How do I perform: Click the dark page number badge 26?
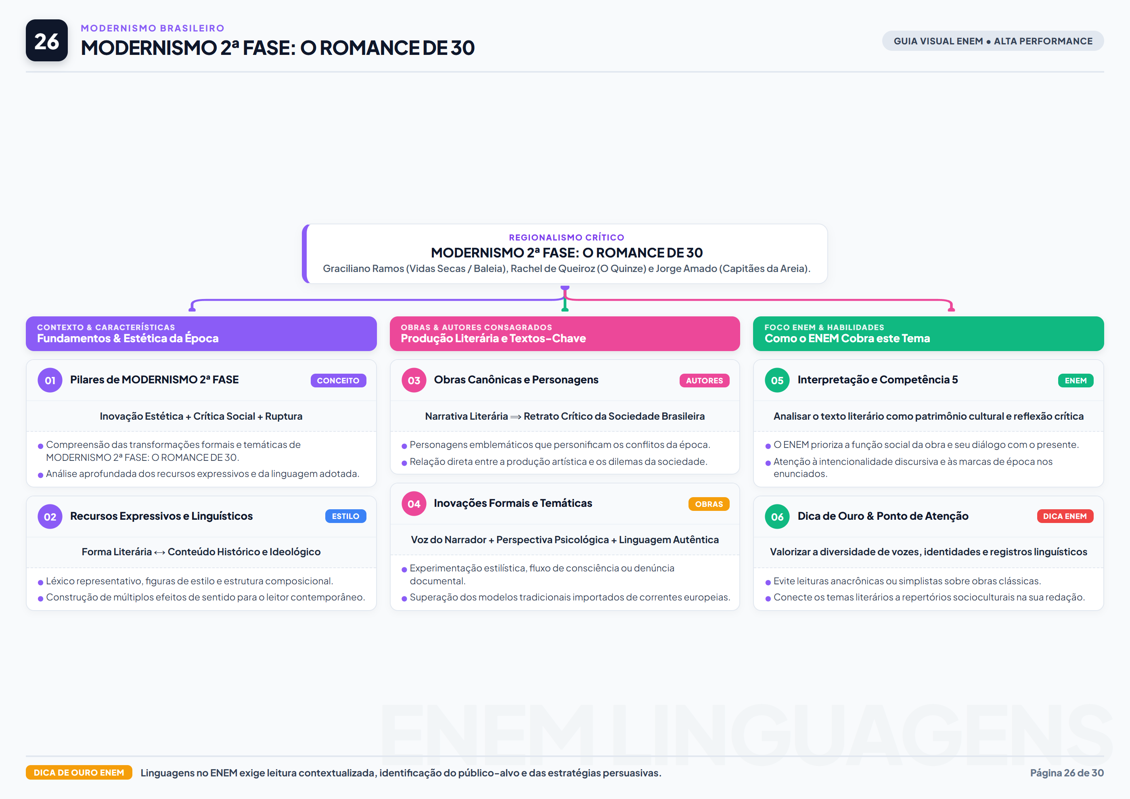click(x=47, y=40)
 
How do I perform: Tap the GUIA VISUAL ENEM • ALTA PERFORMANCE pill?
click(x=993, y=41)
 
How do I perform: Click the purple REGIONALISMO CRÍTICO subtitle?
click(x=566, y=238)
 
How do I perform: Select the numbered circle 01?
click(x=50, y=380)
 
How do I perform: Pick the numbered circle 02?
click(x=50, y=517)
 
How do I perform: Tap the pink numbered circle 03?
click(x=414, y=380)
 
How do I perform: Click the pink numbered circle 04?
click(x=414, y=504)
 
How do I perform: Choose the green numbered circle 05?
click(x=777, y=380)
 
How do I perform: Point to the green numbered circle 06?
click(x=777, y=517)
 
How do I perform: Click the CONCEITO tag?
click(x=338, y=380)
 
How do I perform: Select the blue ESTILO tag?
click(x=345, y=516)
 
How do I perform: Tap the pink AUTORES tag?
click(x=704, y=380)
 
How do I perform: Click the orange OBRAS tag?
click(x=709, y=504)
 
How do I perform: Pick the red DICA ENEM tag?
click(x=1065, y=516)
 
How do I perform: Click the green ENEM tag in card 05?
click(x=1076, y=380)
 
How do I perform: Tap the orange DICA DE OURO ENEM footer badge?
click(x=79, y=772)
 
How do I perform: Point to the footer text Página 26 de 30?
click(x=1067, y=773)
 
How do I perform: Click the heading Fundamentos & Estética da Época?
click(x=128, y=338)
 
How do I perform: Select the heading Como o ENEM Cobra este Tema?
click(x=847, y=338)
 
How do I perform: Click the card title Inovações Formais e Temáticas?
click(x=513, y=503)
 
